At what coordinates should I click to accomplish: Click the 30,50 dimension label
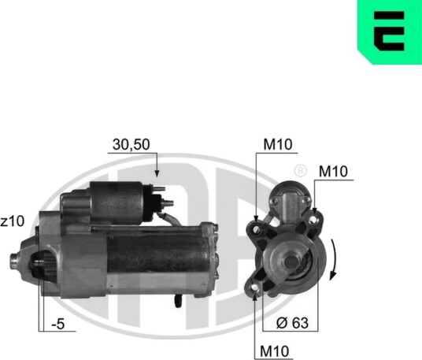click(x=131, y=144)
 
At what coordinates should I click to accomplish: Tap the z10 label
click(x=13, y=221)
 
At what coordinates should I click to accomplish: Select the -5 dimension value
click(x=58, y=324)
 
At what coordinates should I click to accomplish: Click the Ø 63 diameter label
click(x=292, y=322)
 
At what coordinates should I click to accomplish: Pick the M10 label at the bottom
click(x=274, y=351)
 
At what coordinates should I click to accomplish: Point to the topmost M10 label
click(x=278, y=145)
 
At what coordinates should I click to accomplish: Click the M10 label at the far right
click(x=333, y=171)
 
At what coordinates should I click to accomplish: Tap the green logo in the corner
click(x=390, y=32)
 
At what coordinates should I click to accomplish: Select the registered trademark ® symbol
click(x=300, y=170)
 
